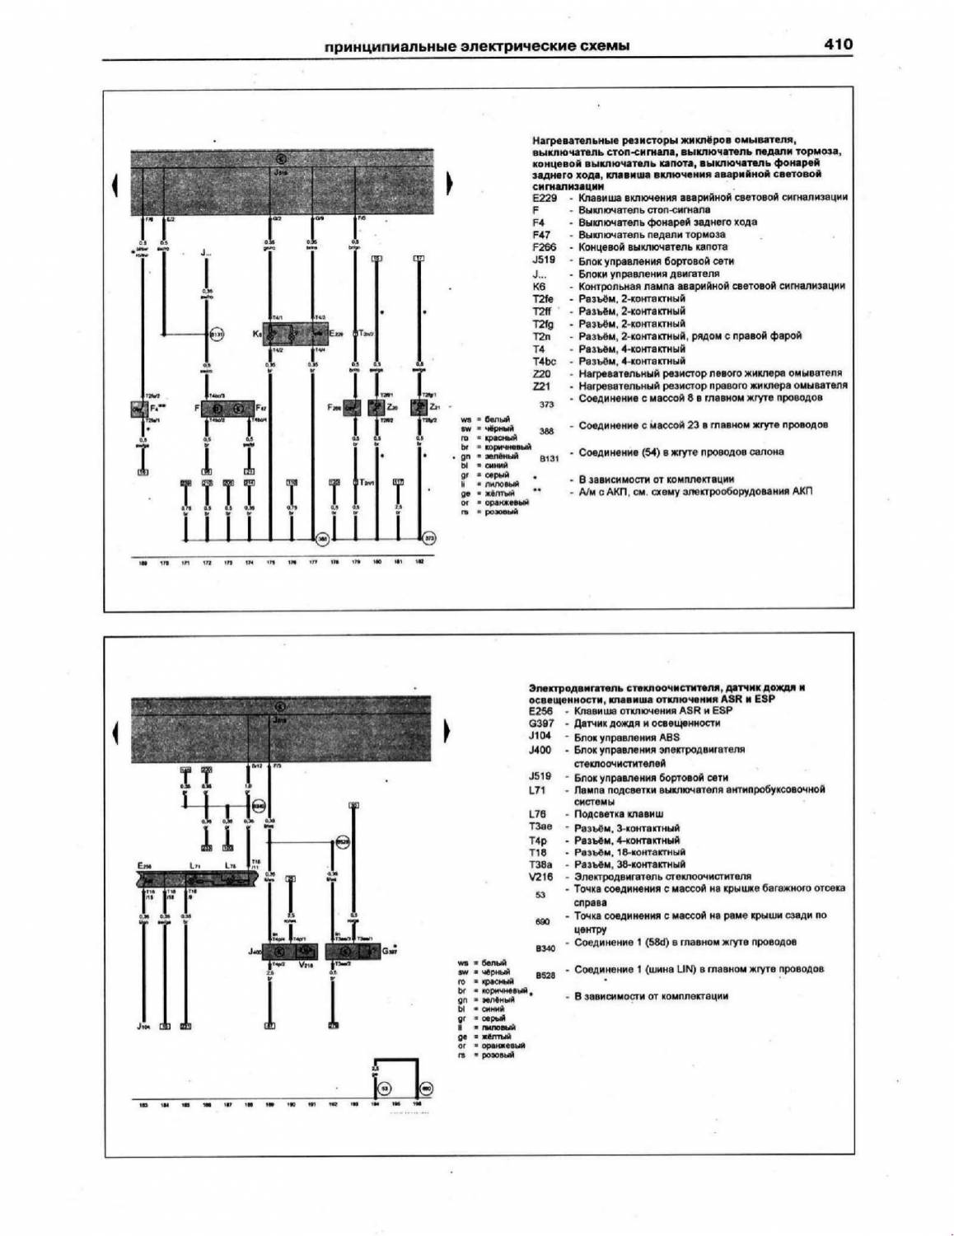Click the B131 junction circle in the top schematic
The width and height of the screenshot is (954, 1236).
coord(216,335)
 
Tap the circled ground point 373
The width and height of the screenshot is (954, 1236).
coord(429,539)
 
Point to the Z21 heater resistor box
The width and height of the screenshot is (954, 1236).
coord(420,408)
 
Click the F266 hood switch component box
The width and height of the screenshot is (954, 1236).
coord(353,408)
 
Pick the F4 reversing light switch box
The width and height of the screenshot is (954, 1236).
coord(138,409)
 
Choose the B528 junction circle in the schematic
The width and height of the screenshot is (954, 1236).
coord(342,842)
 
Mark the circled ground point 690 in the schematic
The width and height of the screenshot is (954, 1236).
coord(426,1089)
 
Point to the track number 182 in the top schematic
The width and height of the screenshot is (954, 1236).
coord(419,563)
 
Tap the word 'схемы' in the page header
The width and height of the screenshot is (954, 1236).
coord(606,46)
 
